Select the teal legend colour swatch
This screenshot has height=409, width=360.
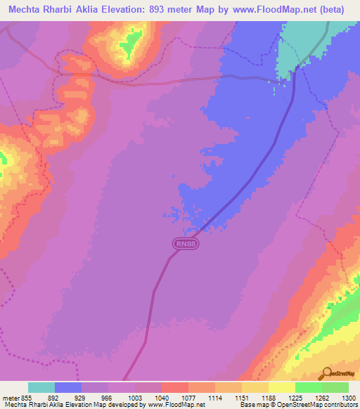pyautogui.click(x=41, y=387)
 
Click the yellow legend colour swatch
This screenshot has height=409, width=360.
pyautogui.click(x=281, y=387)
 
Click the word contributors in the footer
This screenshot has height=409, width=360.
pyautogui.click(x=340, y=405)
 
